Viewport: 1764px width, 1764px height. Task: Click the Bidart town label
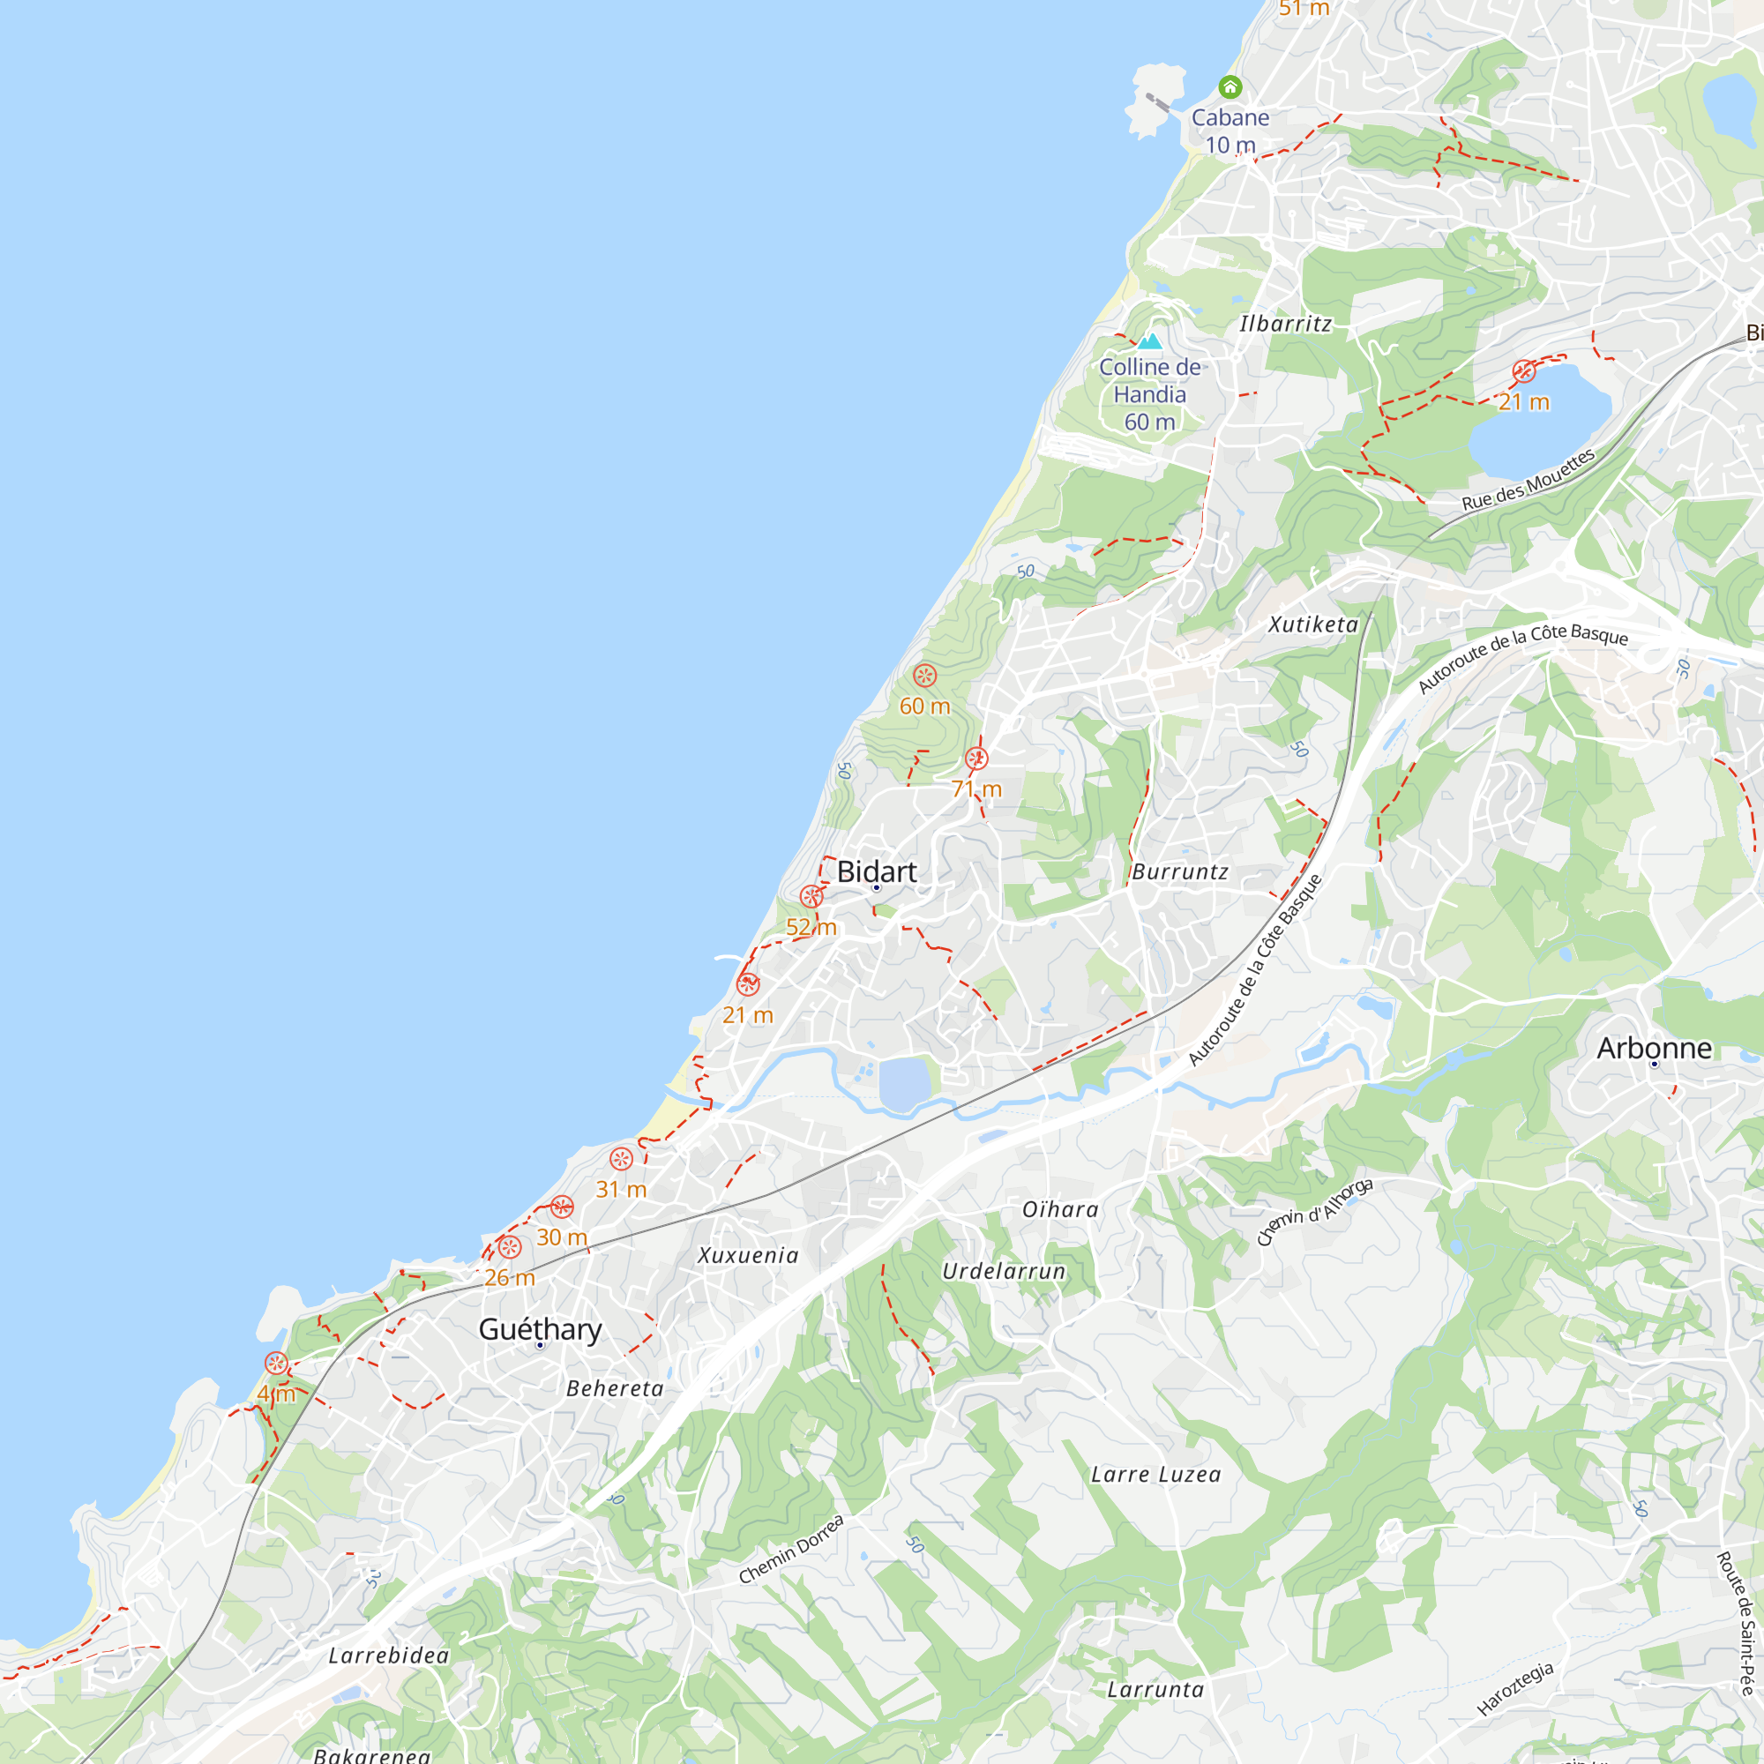877,872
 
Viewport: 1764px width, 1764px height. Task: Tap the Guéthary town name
540,1329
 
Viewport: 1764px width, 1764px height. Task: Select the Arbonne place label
1654,1048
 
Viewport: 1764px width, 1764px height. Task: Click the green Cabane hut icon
1230,87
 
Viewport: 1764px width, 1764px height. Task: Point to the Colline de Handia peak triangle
1149,341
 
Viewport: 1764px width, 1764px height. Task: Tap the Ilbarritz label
1286,324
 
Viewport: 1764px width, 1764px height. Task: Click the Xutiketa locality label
1313,624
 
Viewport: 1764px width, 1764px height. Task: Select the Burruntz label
1179,872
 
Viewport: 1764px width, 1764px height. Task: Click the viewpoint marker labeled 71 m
976,759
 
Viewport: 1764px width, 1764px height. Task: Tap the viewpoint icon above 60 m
925,676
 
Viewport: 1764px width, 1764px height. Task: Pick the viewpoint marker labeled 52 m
811,897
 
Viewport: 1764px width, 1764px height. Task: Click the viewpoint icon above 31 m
621,1160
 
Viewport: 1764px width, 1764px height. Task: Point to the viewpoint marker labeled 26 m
510,1247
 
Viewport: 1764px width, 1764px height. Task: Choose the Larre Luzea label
1156,1475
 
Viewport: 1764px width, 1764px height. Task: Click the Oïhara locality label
1060,1210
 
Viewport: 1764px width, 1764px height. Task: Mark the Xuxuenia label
748,1255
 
